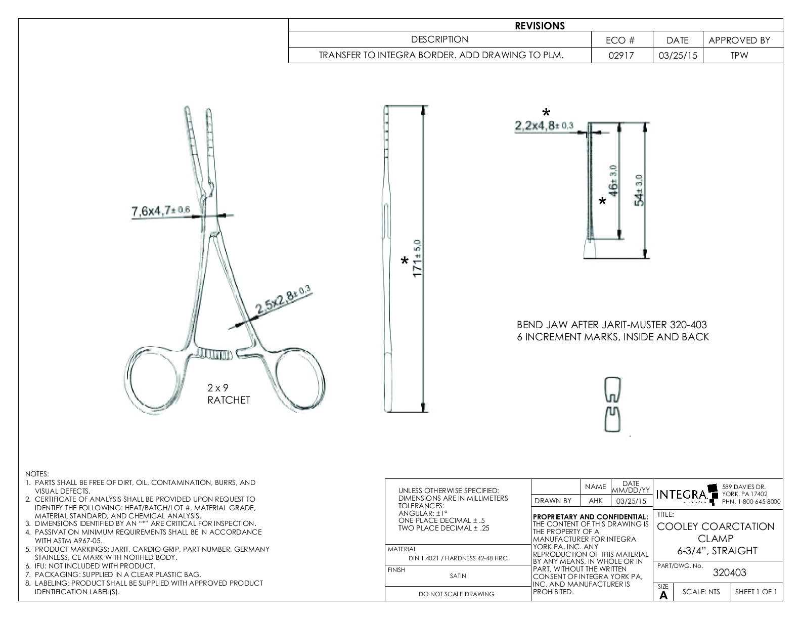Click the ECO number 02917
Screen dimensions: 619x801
pyautogui.click(x=621, y=56)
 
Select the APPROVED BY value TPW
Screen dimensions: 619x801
pyautogui.click(x=739, y=56)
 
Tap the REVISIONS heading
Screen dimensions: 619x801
pyautogui.click(x=540, y=26)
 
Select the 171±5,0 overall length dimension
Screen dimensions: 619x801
pyautogui.click(x=418, y=258)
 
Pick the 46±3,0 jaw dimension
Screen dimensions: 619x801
pyautogui.click(x=613, y=181)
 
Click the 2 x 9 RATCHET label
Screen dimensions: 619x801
pyautogui.click(x=229, y=394)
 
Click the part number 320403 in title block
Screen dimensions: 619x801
pyautogui.click(x=729, y=573)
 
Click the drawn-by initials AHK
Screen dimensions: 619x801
pyautogui.click(x=596, y=501)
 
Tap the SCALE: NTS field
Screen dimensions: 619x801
pyautogui.click(x=701, y=592)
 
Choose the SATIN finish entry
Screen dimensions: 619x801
pyautogui.click(x=458, y=576)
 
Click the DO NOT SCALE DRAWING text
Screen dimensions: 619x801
pyautogui.click(x=456, y=594)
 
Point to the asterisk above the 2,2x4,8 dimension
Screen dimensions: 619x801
pyautogui.click(x=546, y=113)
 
